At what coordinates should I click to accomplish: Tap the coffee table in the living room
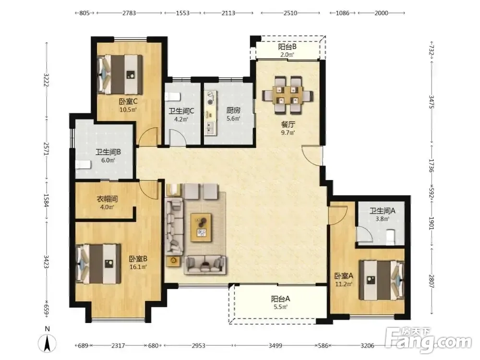point(201,227)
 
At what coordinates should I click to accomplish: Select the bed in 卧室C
point(120,74)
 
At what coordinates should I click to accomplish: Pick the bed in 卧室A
point(382,280)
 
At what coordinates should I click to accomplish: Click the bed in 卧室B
point(98,264)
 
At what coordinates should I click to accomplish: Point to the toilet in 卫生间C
point(172,97)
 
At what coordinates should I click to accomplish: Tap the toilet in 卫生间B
point(83,165)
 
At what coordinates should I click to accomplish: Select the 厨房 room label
point(233,110)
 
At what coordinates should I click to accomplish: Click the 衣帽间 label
point(107,199)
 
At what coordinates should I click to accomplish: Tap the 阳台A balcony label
point(280,299)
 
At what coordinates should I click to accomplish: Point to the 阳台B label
point(287,47)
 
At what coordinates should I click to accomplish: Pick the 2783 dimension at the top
point(129,13)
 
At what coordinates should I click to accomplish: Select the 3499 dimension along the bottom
point(275,346)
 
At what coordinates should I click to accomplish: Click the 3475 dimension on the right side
point(432,102)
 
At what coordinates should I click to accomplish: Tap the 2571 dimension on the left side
point(47,149)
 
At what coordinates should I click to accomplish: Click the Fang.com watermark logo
point(428,340)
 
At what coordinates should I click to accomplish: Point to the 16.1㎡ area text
point(138,267)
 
